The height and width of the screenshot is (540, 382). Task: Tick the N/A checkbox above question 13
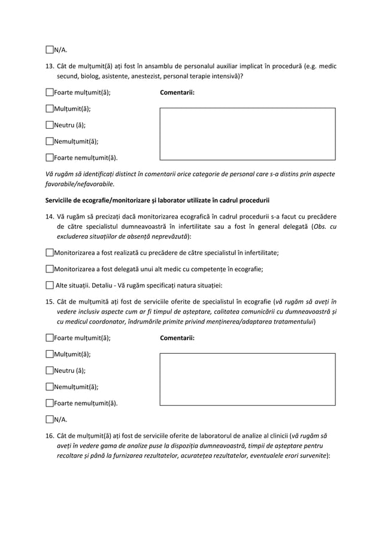50,50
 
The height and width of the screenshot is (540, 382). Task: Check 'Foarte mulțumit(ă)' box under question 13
50,93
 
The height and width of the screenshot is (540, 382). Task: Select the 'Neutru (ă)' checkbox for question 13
50,125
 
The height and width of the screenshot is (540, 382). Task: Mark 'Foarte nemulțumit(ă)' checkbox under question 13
50,158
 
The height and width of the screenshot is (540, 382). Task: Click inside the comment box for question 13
247,134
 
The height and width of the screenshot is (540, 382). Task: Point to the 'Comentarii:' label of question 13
177,93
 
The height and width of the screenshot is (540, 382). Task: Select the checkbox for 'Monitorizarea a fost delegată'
50,269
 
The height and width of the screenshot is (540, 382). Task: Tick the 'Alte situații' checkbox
50,285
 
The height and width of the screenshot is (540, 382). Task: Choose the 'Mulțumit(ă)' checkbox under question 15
50,354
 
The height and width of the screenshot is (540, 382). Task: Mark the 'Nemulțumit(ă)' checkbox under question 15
50,387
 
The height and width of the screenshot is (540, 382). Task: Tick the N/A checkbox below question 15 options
50,419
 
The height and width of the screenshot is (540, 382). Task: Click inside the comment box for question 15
247,379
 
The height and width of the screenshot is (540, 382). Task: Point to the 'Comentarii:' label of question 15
177,338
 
